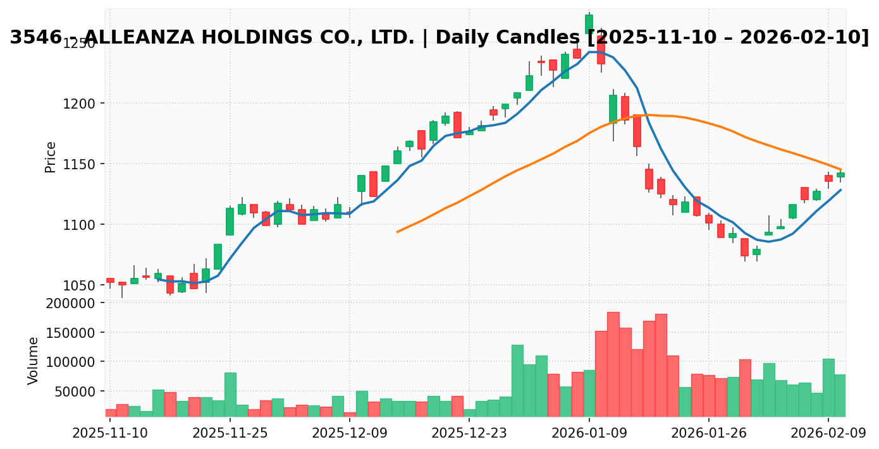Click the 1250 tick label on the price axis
pos(78,43)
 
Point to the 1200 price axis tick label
pos(78,104)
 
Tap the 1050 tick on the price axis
pos(78,285)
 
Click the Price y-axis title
pos(51,157)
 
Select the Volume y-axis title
pos(34,360)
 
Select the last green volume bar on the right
pos(840,395)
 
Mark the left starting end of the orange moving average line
pos(397,232)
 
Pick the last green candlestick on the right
pos(840,175)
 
